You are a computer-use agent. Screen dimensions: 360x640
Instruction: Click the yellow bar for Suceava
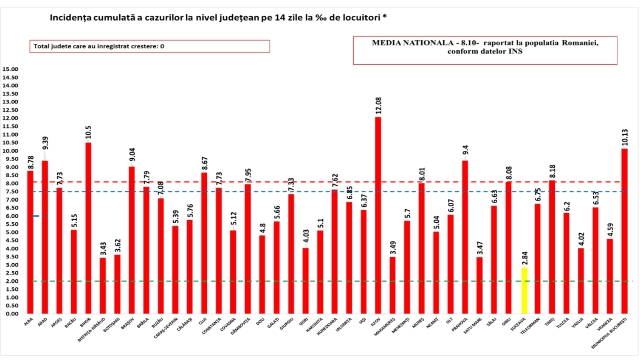point(524,290)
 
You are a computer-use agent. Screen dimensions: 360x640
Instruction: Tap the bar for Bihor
point(88,228)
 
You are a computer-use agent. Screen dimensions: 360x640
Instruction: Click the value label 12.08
point(378,106)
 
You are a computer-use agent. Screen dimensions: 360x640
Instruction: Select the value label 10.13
point(625,137)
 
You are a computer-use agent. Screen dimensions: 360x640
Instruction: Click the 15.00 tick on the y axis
point(10,69)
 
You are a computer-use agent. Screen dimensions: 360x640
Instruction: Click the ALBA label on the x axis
point(29,321)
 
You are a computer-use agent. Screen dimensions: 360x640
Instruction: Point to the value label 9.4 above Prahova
point(465,151)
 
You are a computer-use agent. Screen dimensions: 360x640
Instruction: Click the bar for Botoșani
point(117,284)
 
